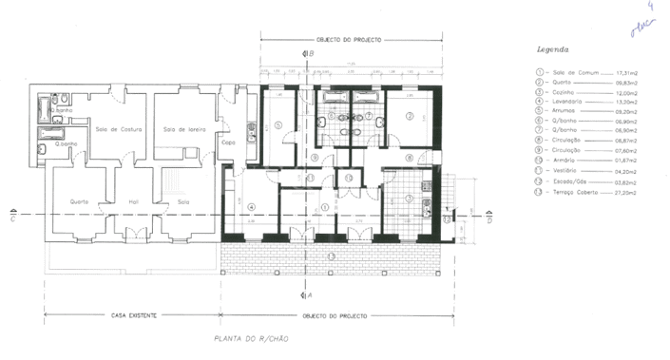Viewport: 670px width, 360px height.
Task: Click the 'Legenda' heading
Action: coord(552,48)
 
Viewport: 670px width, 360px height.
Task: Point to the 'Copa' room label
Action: coord(228,142)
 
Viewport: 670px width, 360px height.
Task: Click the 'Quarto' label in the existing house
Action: coord(79,201)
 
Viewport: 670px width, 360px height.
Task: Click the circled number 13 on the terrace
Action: coord(331,256)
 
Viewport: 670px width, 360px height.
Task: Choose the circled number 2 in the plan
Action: coord(410,116)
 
